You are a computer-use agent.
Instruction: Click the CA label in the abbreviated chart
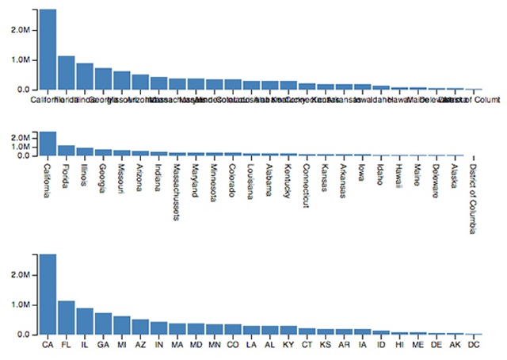[48, 346]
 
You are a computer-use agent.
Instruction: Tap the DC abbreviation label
[473, 346]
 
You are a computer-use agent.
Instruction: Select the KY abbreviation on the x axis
[288, 346]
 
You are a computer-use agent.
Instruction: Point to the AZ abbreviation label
[140, 346]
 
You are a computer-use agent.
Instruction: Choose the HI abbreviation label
[399, 346]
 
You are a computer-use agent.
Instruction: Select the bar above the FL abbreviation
[67, 317]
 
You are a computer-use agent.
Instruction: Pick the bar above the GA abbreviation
[103, 324]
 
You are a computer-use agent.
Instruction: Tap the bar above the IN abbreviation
[158, 328]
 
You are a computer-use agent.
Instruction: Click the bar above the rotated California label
[48, 144]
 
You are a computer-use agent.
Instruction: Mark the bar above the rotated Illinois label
[85, 151]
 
